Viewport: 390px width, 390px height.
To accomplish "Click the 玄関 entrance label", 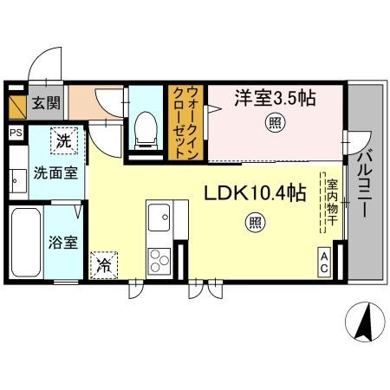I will click(47, 104).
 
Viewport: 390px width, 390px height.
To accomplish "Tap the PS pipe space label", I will click(16, 133).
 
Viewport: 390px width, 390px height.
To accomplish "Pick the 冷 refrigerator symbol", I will click(103, 264).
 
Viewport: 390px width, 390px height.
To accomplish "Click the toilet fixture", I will click(145, 130).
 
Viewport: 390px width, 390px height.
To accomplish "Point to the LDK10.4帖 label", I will click(253, 193).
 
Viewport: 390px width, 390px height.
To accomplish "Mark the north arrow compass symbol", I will click(365, 324).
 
